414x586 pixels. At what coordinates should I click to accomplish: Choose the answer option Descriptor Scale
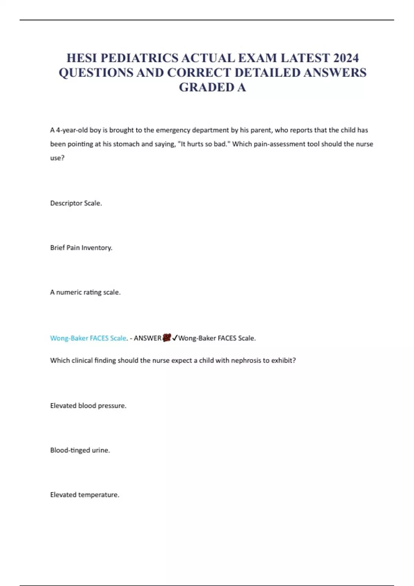76,203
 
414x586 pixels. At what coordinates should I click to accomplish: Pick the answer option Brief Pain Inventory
81,248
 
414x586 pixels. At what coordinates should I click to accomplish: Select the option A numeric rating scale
85,292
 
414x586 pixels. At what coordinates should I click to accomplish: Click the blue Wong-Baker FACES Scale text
88,338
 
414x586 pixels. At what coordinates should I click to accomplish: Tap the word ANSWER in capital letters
148,338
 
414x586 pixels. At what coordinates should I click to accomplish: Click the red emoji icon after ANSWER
167,338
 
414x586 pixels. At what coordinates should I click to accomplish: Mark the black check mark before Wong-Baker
175,338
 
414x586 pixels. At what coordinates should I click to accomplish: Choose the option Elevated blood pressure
88,406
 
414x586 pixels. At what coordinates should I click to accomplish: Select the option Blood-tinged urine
80,450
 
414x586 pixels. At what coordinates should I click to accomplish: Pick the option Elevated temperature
85,495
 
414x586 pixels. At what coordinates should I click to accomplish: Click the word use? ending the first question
57,158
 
